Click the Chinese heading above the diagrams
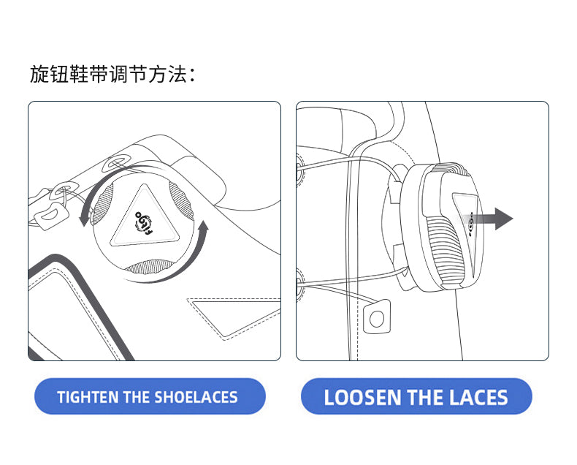tap(112, 74)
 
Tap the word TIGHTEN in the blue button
tap(88, 397)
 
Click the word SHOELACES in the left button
tap(196, 397)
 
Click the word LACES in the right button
tap(478, 397)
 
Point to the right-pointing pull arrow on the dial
tap(492, 219)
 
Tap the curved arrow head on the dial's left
tap(84, 219)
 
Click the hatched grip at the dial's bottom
tap(150, 267)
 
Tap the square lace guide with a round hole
tap(377, 317)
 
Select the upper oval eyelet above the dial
tap(117, 162)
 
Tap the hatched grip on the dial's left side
tap(102, 205)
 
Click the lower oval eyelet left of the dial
tap(62, 189)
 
